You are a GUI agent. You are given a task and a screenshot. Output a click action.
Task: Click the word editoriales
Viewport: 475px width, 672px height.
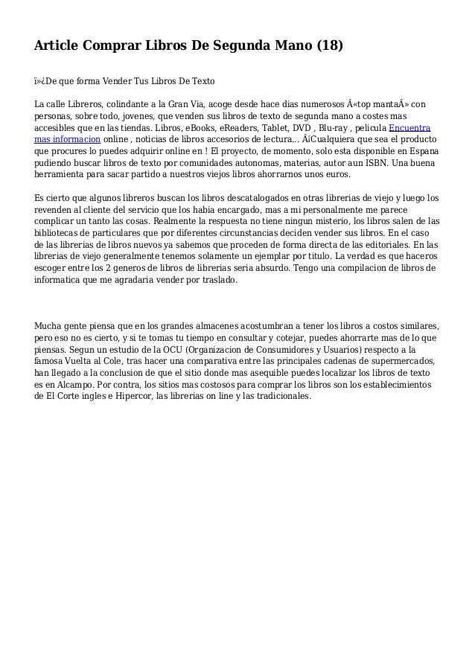point(383,244)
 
